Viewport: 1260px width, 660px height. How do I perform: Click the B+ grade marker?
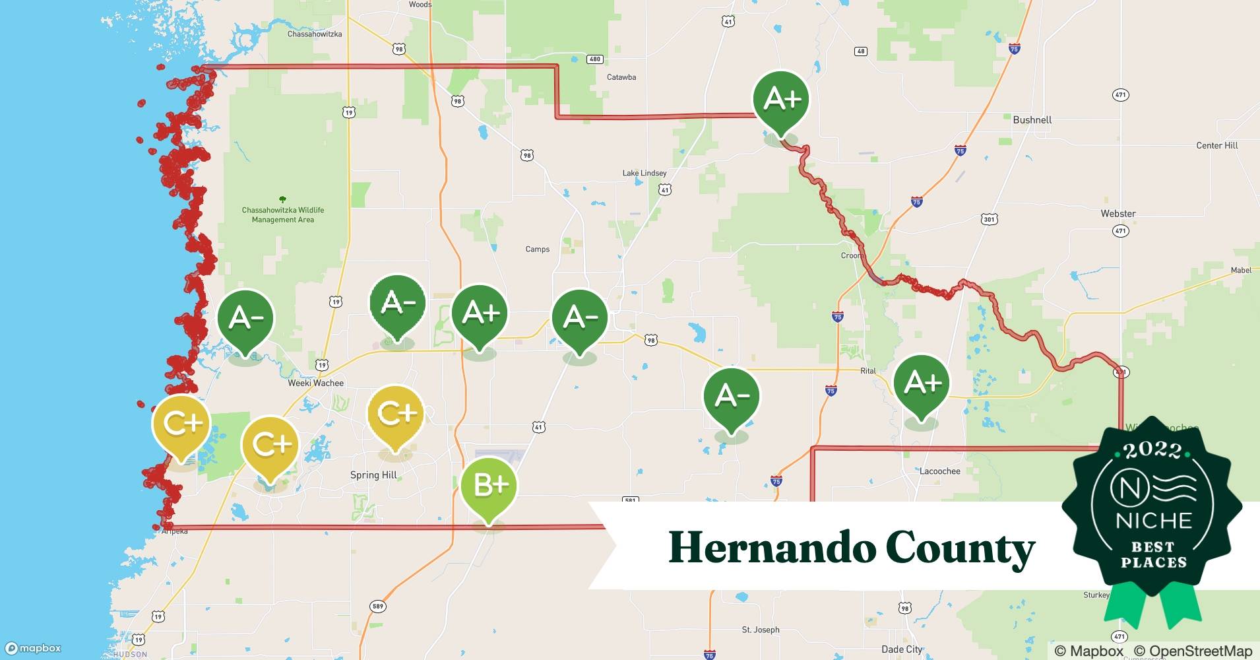tap(489, 486)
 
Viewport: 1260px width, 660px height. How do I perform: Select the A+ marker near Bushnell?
tap(782, 100)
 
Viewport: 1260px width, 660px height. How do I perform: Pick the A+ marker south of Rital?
tap(922, 383)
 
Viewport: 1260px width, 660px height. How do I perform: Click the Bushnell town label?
tap(1032, 120)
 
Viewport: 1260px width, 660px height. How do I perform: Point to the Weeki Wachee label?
tap(315, 383)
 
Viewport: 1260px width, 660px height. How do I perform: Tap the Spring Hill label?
tap(373, 475)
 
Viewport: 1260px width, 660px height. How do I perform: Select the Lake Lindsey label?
tap(645, 173)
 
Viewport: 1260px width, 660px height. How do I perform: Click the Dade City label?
tap(902, 649)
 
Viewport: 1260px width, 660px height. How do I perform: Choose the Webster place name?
tap(1118, 214)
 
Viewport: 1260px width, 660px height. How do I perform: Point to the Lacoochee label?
tap(939, 471)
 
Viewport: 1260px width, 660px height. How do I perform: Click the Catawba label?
tap(621, 77)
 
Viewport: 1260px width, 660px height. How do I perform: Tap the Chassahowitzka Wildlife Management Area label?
tap(282, 214)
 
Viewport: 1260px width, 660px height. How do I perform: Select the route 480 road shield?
tap(594, 59)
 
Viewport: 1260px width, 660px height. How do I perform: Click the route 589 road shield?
tap(377, 607)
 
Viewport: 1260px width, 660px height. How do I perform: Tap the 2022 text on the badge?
tap(1152, 450)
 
